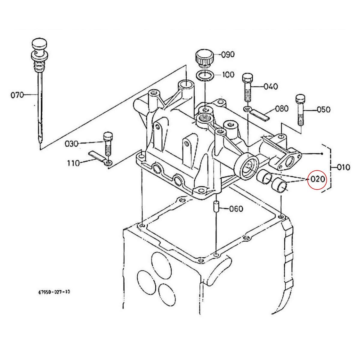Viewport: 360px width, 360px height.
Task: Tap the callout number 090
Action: pos(228,55)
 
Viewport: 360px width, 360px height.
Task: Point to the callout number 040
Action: pos(271,86)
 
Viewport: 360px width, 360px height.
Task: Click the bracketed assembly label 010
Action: pos(343,167)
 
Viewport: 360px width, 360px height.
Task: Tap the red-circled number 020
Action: pos(317,179)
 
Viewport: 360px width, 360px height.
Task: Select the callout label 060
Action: pos(236,208)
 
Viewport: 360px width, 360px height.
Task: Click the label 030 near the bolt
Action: pos(71,144)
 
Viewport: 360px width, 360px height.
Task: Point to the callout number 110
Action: pos(73,163)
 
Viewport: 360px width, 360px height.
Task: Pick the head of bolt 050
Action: pos(300,99)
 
